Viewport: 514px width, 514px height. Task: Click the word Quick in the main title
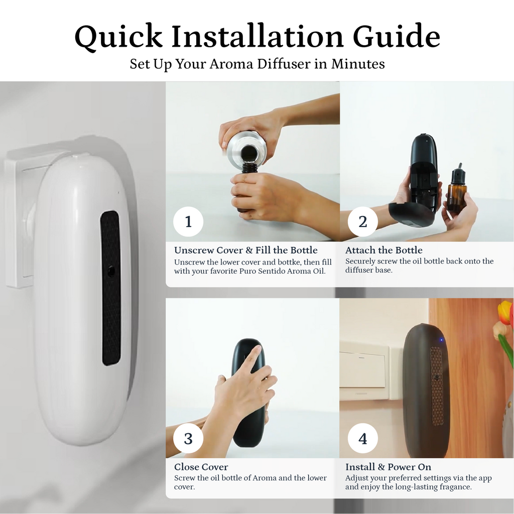[118, 37]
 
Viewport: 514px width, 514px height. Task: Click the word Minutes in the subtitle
[358, 64]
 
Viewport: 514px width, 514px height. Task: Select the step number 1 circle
[188, 221]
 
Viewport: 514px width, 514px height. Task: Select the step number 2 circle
[362, 221]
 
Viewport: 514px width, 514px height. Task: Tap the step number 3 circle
[188, 438]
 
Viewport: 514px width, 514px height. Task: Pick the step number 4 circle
[362, 438]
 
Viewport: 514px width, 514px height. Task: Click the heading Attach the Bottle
[383, 250]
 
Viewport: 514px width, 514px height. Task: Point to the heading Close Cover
[201, 467]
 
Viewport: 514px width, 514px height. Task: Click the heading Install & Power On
[388, 467]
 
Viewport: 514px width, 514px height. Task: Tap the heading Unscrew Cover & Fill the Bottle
[246, 250]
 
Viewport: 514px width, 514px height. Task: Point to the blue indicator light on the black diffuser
[441, 340]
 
